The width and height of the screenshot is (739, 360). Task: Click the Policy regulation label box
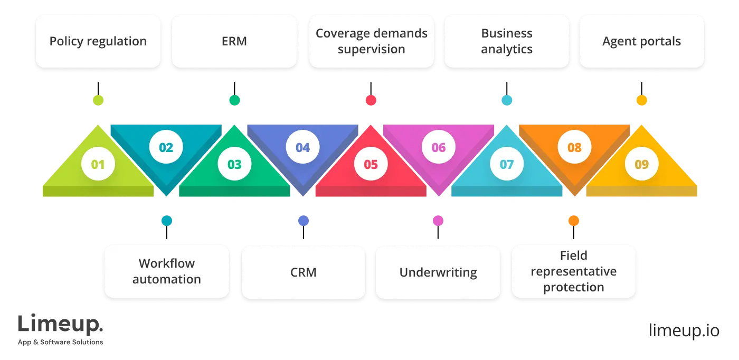tap(98, 41)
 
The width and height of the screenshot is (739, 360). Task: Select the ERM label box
tap(234, 41)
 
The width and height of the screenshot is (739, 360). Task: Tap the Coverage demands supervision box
tap(371, 41)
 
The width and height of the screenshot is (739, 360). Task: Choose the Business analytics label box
tap(506, 41)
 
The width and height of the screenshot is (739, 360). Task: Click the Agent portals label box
tap(641, 41)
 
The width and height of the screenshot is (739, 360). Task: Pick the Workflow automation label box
tap(166, 271)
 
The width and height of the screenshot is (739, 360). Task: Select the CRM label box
tap(303, 271)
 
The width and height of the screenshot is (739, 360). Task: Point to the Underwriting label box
tap(438, 271)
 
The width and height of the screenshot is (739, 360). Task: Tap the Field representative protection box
tap(573, 271)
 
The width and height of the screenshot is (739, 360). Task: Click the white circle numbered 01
tap(98, 165)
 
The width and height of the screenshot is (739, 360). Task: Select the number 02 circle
tap(166, 147)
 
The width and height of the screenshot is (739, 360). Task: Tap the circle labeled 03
tap(234, 165)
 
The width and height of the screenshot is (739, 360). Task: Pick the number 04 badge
tap(302, 147)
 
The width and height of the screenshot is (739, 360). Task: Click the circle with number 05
tap(371, 165)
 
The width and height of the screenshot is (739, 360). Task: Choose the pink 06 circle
tap(439, 147)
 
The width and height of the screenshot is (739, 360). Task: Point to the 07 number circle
tap(506, 165)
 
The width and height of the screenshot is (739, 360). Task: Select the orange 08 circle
tap(574, 147)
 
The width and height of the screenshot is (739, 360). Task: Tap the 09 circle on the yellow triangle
tap(641, 165)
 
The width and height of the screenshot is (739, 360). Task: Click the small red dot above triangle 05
tap(371, 100)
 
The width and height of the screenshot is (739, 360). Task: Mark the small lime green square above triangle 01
tap(99, 100)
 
